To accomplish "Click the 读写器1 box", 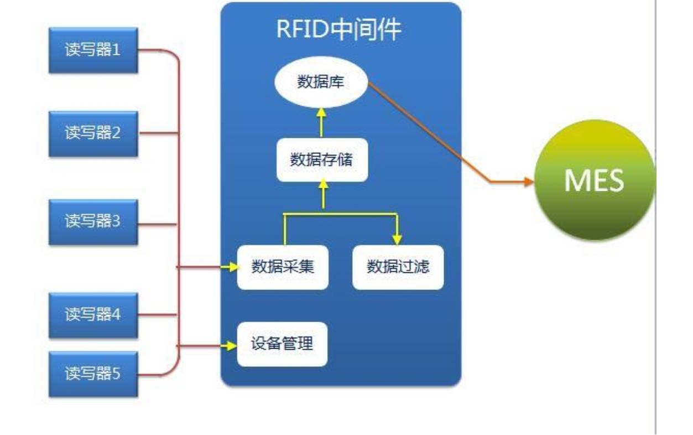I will [x=93, y=51].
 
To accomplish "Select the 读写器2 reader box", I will [x=93, y=133].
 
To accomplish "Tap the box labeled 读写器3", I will [x=93, y=222].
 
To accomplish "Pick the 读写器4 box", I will [x=93, y=315].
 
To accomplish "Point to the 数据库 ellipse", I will [x=321, y=85].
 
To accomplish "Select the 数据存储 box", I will [x=322, y=160].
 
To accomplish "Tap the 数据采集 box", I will [x=283, y=267].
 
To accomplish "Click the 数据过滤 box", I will [x=398, y=267].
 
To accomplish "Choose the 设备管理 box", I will [x=282, y=344].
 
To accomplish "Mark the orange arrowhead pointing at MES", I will [x=528, y=182].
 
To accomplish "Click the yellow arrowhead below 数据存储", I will [x=323, y=187].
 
